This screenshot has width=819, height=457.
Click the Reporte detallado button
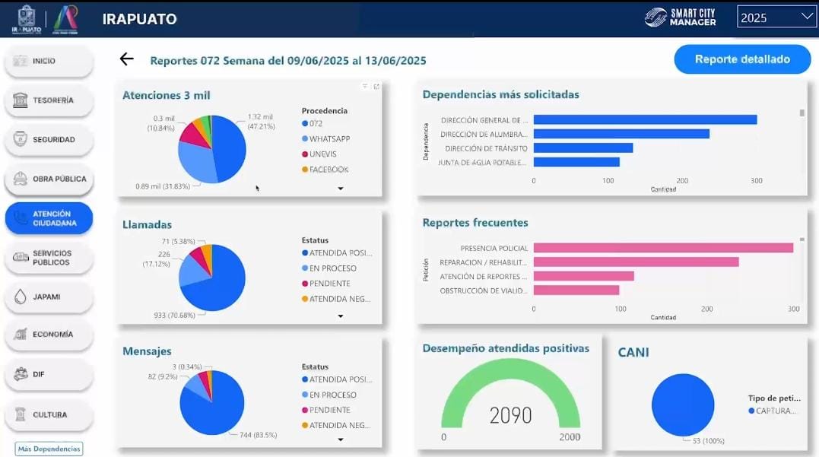click(742, 59)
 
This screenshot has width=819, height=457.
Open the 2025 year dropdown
click(776, 17)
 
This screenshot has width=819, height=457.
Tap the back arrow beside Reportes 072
click(126, 59)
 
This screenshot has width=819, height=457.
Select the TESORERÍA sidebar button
click(49, 100)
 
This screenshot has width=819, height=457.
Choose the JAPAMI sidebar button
click(49, 297)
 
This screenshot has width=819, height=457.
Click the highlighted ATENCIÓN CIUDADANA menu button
click(49, 218)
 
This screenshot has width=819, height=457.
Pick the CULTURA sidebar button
click(49, 415)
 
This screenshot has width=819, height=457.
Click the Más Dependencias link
click(49, 449)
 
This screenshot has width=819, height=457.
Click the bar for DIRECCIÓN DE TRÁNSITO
click(583, 148)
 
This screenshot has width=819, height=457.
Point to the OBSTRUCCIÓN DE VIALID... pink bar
click(576, 290)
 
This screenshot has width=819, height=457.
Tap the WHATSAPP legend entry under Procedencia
click(329, 139)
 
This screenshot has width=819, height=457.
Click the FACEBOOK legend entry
click(328, 170)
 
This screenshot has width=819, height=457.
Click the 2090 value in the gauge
click(510, 415)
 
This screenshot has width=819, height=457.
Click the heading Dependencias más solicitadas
click(500, 95)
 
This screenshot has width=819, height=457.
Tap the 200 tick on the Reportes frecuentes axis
click(707, 309)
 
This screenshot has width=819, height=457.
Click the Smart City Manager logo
click(680, 17)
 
